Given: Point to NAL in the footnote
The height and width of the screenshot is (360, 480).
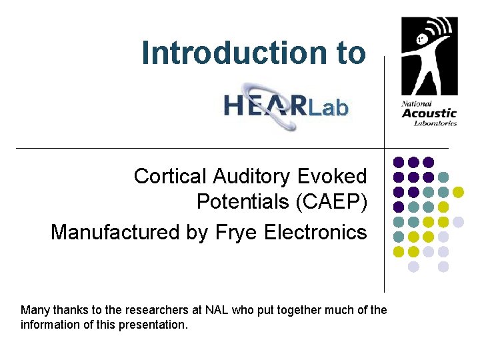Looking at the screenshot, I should pos(217,310).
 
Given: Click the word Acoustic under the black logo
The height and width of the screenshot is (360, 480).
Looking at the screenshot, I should pos(429,113).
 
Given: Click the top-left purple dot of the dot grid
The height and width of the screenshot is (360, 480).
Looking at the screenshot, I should pos(399,162).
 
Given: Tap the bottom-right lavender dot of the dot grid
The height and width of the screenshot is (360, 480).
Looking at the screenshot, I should pos(443,267).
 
